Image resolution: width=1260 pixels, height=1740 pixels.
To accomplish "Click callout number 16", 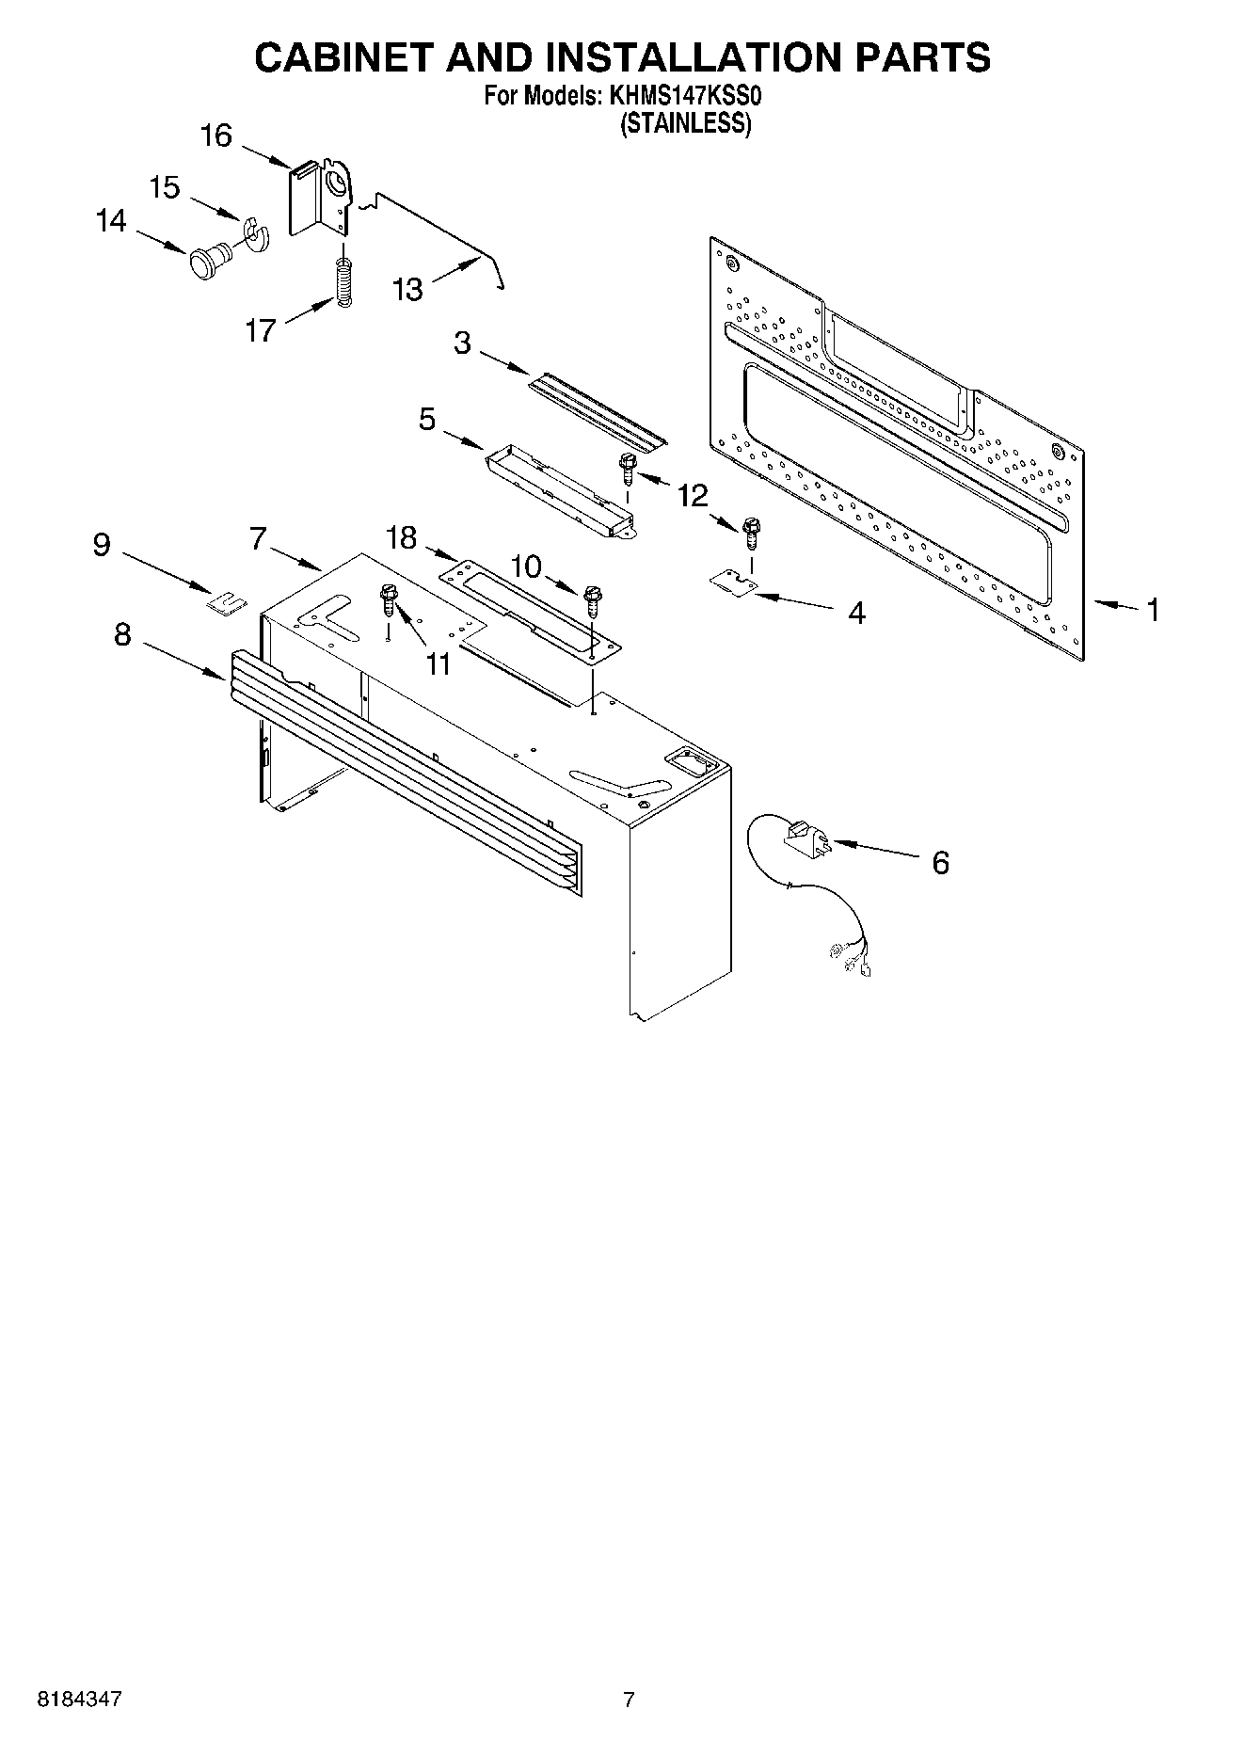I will (216, 136).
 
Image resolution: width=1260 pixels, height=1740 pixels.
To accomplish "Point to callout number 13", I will (407, 289).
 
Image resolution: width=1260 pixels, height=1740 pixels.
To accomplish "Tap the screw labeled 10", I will (592, 599).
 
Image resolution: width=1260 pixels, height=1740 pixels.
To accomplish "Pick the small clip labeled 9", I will (225, 601).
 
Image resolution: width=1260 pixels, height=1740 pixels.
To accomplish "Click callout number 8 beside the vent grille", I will (122, 635).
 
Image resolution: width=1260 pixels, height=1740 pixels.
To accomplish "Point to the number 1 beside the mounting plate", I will (1152, 610).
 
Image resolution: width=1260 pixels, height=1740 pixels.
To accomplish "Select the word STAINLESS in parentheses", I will (685, 123).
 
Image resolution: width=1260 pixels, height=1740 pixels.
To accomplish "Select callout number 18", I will (402, 538).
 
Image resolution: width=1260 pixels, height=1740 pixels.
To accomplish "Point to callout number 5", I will (427, 420).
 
